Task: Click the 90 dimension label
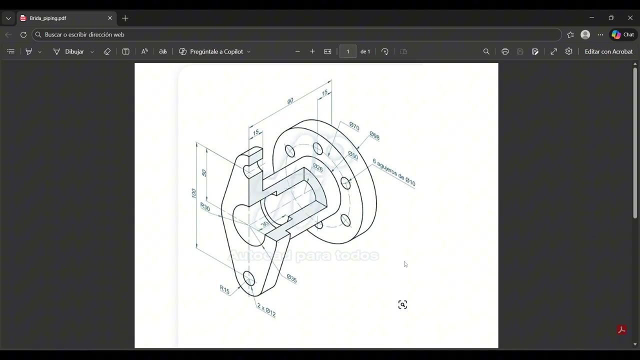click(290, 101)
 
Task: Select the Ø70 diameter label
click(354, 126)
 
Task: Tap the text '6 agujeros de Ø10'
click(394, 172)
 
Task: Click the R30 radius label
click(205, 206)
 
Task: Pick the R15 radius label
click(224, 289)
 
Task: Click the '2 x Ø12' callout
click(266, 310)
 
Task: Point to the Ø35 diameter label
click(292, 278)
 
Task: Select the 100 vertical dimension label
click(194, 193)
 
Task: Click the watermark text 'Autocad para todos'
click(303, 256)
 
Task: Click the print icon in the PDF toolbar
click(505, 51)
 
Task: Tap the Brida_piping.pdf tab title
click(48, 18)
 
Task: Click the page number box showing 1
click(347, 51)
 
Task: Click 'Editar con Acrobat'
click(608, 51)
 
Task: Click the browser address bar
click(295, 34)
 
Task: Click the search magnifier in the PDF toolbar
click(486, 51)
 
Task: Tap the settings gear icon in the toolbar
click(568, 51)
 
